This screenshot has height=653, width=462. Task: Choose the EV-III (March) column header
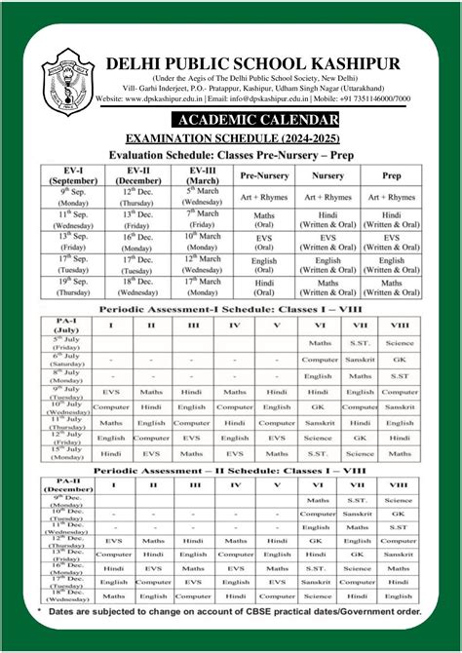tap(204, 174)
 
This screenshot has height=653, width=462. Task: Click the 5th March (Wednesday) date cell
tap(204, 198)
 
